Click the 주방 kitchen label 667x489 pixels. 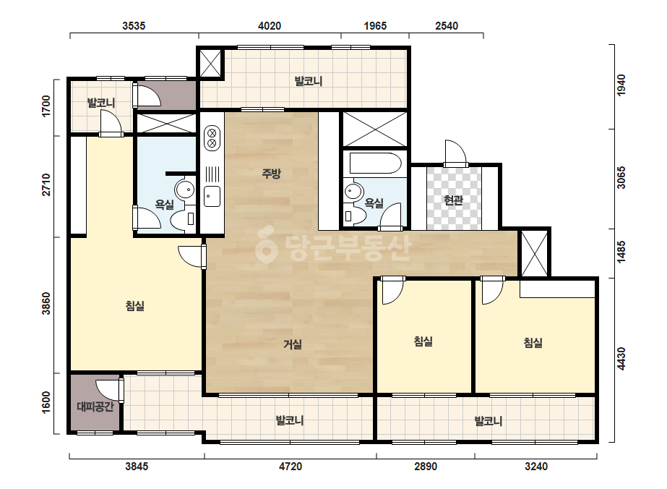[x=271, y=174]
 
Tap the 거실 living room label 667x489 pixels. [x=293, y=344]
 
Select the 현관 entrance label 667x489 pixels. [x=453, y=200]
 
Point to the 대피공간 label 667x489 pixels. [x=95, y=407]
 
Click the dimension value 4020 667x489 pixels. [x=270, y=26]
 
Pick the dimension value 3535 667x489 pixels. [x=134, y=26]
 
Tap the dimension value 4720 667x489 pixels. [x=291, y=467]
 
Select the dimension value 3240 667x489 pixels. [x=536, y=467]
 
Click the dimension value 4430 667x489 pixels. [x=621, y=359]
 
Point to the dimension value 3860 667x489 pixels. [x=46, y=304]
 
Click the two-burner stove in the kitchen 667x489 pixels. [x=212, y=138]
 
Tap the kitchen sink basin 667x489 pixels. [x=212, y=196]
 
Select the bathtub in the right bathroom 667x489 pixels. [x=375, y=163]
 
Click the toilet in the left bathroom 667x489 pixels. [x=183, y=218]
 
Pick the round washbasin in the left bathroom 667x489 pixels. [x=185, y=190]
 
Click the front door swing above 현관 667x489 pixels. [x=455, y=153]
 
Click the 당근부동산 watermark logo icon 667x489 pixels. [x=266, y=245]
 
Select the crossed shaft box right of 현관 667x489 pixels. [x=535, y=253]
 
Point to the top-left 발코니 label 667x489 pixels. [x=101, y=103]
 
